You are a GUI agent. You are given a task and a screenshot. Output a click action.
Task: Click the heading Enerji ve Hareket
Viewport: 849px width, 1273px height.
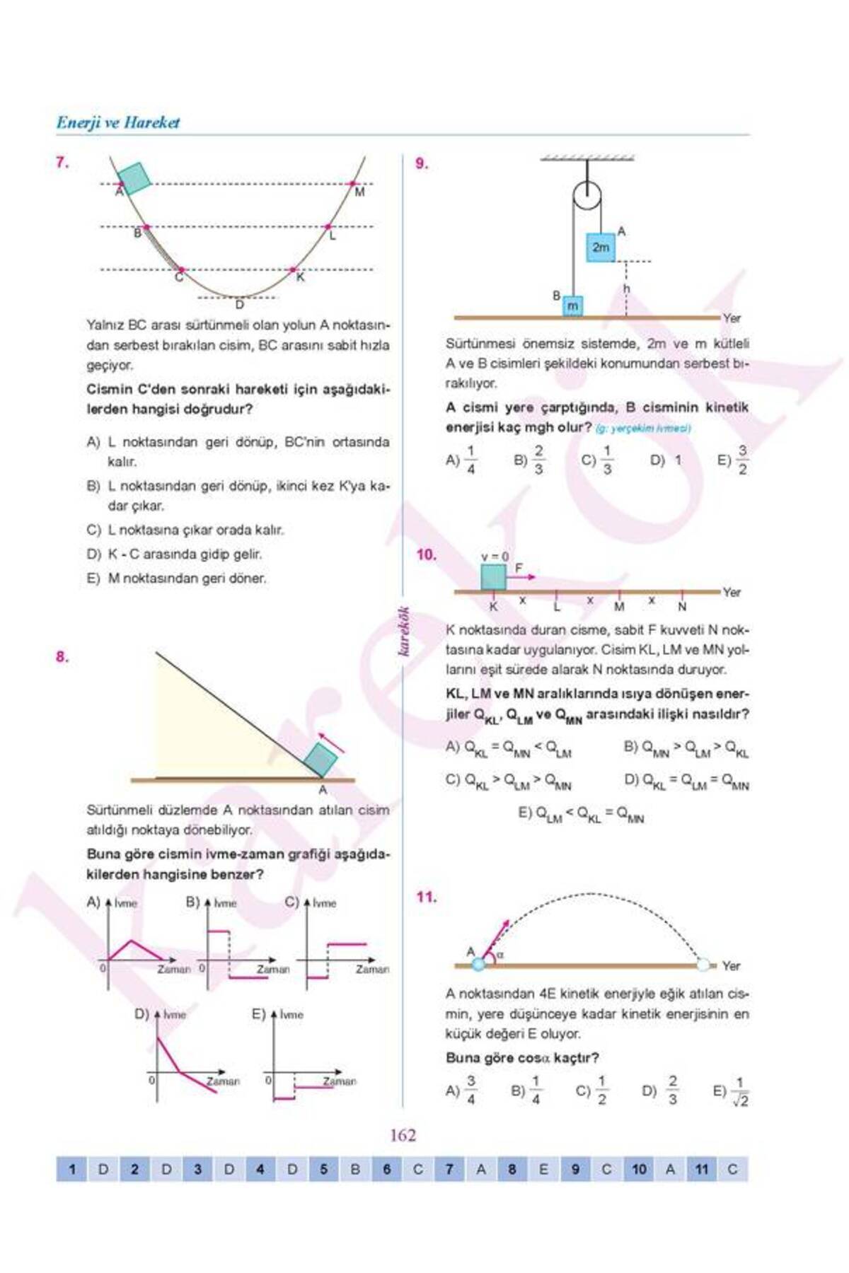point(118,122)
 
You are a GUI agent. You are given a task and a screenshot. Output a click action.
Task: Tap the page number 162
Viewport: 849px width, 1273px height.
point(403,1136)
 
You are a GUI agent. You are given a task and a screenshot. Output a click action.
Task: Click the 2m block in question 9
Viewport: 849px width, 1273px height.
point(600,248)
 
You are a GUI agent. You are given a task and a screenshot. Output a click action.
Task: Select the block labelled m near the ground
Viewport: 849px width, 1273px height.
point(572,306)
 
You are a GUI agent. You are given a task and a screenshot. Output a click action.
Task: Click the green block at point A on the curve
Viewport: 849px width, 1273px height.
point(134,178)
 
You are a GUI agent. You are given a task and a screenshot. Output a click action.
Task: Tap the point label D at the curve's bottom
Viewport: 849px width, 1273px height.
point(239,305)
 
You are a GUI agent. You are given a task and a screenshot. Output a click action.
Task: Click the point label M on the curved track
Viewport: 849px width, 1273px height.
point(359,192)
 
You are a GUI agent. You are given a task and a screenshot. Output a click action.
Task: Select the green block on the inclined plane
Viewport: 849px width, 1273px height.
point(320,760)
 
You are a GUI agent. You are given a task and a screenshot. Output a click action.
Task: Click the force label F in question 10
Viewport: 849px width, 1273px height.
point(519,568)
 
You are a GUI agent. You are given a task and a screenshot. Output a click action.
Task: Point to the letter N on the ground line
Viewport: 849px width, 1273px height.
point(682,607)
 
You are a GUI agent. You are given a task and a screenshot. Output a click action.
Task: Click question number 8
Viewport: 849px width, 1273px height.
point(62,656)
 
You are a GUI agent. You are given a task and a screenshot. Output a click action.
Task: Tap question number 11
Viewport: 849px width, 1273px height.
point(426,897)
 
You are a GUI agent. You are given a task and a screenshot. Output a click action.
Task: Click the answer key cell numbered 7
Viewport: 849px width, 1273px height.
point(449,1170)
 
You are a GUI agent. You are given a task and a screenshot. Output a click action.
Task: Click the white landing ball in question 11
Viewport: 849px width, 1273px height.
point(703,965)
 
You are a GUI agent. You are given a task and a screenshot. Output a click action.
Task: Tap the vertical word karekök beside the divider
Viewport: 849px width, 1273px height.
point(405,632)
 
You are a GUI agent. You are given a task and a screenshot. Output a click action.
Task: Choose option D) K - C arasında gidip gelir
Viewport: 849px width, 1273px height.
point(174,554)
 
